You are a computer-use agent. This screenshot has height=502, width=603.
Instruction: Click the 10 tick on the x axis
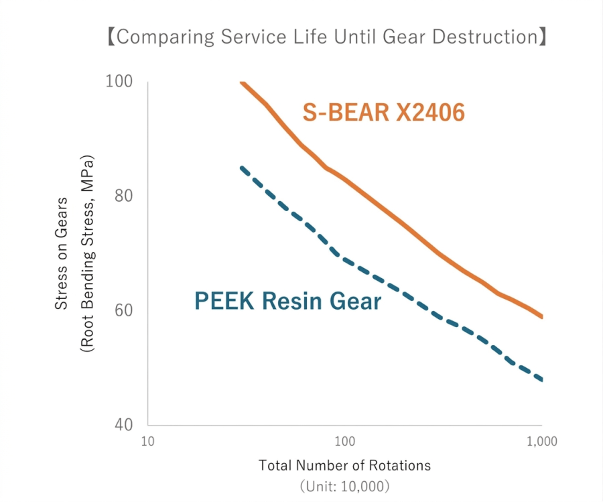(148, 442)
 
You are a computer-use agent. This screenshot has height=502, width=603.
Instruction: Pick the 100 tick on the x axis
(344, 442)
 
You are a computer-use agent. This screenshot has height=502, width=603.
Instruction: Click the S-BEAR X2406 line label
(383, 113)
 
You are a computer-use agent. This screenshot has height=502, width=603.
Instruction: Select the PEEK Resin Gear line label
(287, 301)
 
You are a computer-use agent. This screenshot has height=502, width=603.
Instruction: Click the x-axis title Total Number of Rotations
(344, 465)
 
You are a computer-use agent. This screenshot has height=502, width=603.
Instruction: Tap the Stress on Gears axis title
(62, 253)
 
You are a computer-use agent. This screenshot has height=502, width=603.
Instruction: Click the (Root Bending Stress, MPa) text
(87, 253)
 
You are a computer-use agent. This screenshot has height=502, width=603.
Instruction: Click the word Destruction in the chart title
(484, 37)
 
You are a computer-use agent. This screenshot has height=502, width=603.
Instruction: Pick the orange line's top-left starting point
(241, 82)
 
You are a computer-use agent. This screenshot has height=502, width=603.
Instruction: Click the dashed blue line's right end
(541, 380)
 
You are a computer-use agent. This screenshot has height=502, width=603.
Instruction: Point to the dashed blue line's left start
(242, 167)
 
